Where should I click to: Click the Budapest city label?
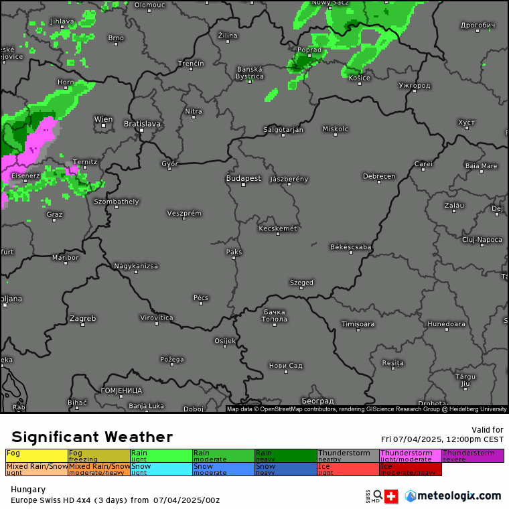[243, 179]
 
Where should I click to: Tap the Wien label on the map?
[104, 119]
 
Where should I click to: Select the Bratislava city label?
[142, 124]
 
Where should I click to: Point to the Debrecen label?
[379, 176]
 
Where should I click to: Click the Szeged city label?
[301, 283]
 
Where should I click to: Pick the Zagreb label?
[83, 318]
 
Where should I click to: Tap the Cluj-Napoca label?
[482, 239]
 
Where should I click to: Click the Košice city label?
[360, 78]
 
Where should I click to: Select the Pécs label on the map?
[201, 297]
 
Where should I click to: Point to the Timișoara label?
[358, 324]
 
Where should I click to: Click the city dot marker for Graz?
[55, 220]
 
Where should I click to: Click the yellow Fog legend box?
[37, 456]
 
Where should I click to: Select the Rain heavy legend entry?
[285, 456]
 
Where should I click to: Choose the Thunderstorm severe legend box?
[472, 456]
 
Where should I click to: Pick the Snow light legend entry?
[161, 469]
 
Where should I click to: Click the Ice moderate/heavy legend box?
[411, 469]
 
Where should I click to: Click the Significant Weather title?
[92, 437]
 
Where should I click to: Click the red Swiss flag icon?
[391, 496]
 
